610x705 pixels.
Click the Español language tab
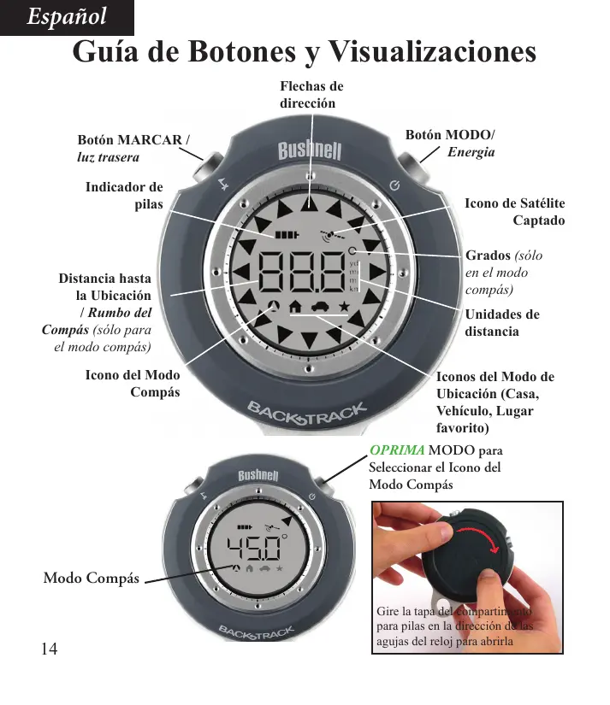click(67, 17)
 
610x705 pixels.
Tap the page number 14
click(49, 649)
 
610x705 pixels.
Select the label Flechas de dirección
click(311, 95)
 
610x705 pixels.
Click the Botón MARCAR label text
click(133, 139)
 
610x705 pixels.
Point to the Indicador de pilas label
click(124, 196)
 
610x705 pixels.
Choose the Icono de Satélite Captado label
click(514, 211)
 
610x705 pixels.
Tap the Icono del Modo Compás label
click(133, 384)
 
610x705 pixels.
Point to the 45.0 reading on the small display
click(253, 545)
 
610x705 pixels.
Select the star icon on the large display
click(344, 305)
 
